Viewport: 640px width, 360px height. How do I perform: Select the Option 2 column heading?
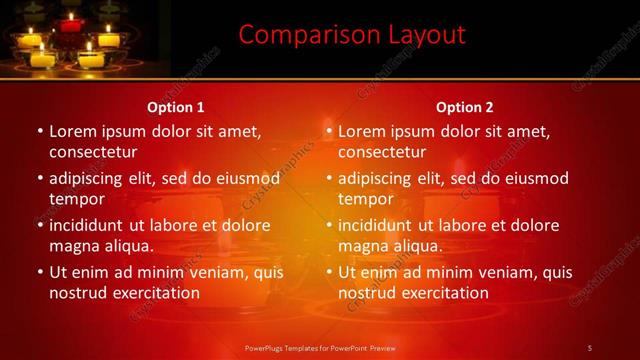[x=465, y=107]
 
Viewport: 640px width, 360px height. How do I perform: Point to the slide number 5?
[x=590, y=347]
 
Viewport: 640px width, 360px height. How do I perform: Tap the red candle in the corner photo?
[x=70, y=22]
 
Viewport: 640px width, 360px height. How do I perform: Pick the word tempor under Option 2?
[x=364, y=198]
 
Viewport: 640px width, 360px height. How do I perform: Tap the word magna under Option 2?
[x=362, y=245]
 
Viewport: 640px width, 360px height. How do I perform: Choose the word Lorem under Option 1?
[x=71, y=131]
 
